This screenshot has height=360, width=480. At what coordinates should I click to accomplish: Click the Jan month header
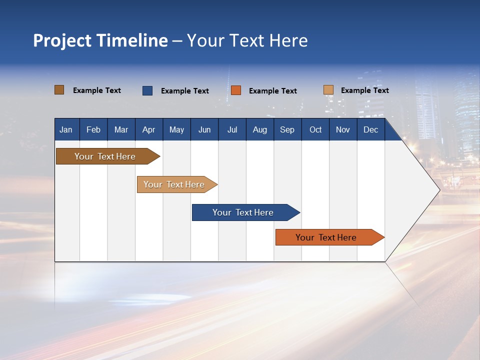pos(66,129)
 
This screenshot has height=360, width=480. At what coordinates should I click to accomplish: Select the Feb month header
pos(93,129)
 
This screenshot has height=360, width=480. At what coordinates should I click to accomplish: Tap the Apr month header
pos(148,129)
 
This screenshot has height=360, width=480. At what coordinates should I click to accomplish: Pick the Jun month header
pos(204,129)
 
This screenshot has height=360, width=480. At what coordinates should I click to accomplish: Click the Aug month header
pos(260,129)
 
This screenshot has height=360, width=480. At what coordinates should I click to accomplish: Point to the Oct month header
pos(315,129)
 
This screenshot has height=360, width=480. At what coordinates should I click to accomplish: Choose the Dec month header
pos(371,129)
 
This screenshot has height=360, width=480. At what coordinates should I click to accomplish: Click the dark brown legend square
pos(59,90)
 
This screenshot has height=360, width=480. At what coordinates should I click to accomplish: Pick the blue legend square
pos(147,90)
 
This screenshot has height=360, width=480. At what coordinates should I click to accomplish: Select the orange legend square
pos(236,90)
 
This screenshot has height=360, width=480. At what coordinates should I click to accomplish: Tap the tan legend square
pos(328,90)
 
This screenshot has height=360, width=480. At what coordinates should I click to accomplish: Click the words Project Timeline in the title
pos(100,40)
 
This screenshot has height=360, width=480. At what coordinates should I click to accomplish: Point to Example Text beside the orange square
pos(273,91)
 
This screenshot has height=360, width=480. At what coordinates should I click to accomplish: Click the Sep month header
pos(287,129)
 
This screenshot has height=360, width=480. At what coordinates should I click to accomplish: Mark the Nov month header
pos(343,129)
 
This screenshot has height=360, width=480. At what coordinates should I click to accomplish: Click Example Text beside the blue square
pos(185,91)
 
